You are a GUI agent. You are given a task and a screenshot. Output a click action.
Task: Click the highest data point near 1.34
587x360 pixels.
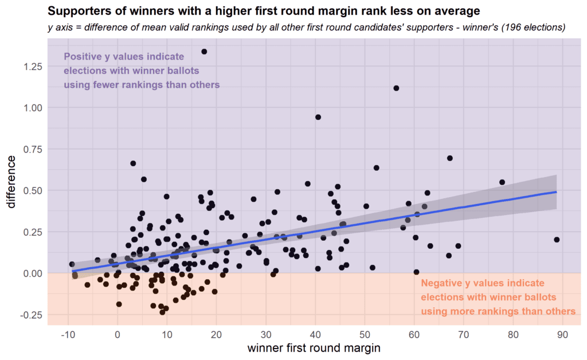tap(204, 52)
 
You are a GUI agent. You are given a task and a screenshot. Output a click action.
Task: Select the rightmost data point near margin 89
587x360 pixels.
tap(557, 240)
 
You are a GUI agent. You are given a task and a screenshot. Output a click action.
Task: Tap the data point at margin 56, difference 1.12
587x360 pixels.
tap(396, 88)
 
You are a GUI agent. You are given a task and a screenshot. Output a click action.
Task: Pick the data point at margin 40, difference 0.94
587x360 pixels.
tap(318, 117)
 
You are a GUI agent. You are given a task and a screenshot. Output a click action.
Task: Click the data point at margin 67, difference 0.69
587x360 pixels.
tap(450, 158)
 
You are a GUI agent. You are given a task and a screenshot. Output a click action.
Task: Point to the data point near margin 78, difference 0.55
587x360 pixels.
tap(502, 182)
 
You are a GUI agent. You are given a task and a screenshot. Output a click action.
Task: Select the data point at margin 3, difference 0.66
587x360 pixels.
tap(133, 163)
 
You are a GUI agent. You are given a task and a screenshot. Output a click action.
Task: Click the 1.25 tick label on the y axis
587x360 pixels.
tap(32, 66)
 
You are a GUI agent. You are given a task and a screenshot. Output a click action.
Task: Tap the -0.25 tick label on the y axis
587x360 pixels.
tap(31, 315)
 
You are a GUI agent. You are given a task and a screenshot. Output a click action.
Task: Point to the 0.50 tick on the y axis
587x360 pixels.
tap(32, 190)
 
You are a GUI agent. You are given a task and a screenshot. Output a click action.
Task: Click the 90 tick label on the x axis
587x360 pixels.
tap(562, 333)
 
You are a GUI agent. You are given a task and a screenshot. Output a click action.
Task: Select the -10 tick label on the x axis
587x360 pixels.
tap(68, 333)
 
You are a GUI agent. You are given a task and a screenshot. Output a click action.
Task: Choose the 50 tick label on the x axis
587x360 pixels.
tap(365, 333)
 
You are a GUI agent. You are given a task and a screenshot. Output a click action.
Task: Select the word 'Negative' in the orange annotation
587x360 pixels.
tap(443, 284)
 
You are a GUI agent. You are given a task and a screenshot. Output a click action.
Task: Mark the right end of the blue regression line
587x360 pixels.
tap(557, 192)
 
